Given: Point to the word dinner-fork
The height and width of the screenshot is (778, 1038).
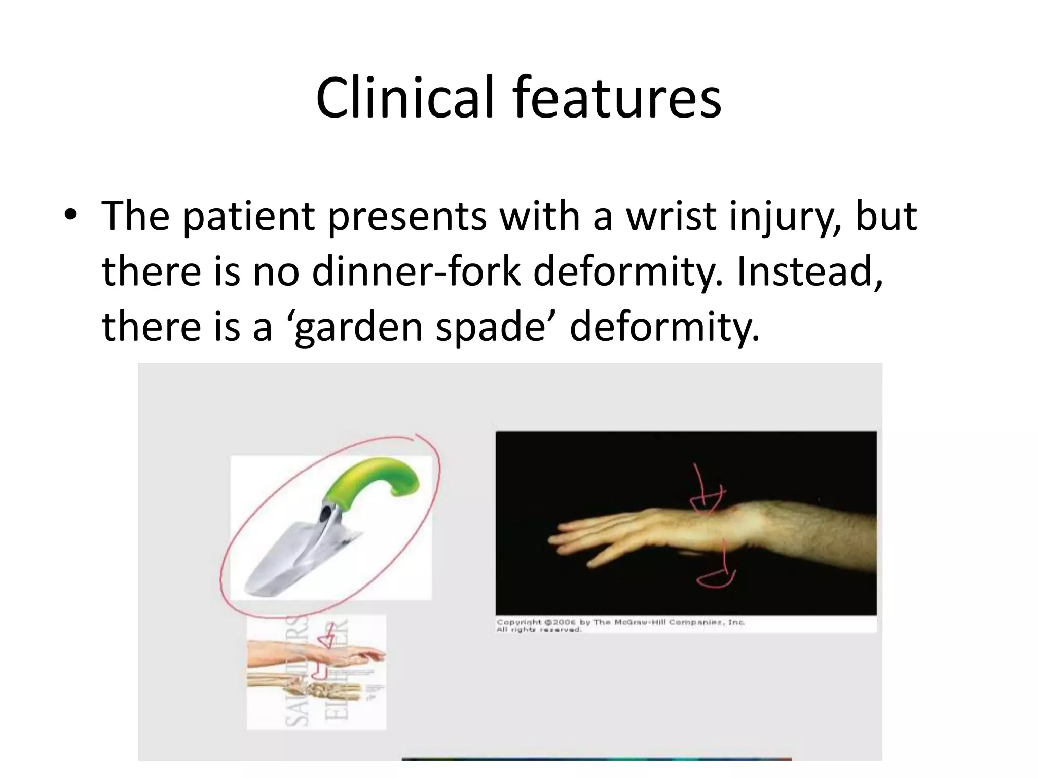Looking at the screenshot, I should pos(416,271).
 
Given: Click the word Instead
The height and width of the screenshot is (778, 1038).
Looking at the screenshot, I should pos(809,271).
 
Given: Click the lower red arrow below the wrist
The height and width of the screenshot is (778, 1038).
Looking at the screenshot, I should pos(717,572).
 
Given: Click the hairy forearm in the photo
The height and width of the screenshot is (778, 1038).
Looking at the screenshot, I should pos(821,532).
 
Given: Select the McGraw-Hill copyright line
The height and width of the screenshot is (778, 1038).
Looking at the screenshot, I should pos(620,622).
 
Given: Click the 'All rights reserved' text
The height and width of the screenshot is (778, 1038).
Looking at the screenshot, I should pos(538,630).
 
